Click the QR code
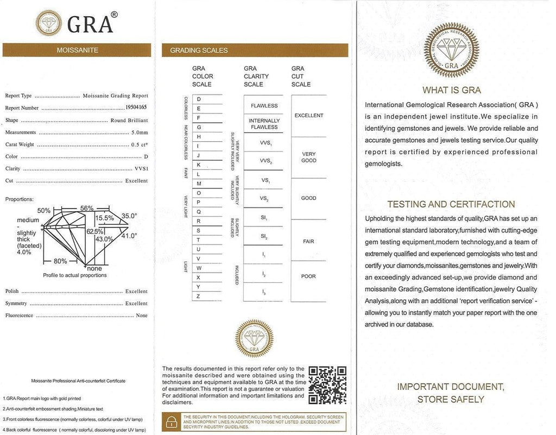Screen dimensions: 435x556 [327, 386]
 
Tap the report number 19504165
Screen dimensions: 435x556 [136, 108]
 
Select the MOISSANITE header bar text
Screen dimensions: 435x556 [78, 50]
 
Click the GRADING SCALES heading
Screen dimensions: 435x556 [199, 51]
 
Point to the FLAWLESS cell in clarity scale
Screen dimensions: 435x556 [264, 106]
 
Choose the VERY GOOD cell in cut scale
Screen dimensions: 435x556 [308, 157]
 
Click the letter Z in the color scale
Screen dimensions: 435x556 [199, 296]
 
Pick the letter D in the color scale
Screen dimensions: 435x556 [199, 99]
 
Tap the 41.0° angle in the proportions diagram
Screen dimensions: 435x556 [129, 236]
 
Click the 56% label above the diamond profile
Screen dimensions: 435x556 [87, 208]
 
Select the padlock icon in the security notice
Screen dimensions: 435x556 [172, 422]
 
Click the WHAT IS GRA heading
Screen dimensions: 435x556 [451, 90]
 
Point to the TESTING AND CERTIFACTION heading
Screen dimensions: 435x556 [451, 204]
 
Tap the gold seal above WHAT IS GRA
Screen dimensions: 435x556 [451, 50]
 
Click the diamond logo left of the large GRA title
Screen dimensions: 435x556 [49, 23]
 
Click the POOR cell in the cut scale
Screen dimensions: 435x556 [308, 276]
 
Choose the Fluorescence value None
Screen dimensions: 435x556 [142, 316]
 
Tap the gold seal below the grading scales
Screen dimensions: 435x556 [254, 338]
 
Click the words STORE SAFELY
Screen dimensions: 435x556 [451, 400]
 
